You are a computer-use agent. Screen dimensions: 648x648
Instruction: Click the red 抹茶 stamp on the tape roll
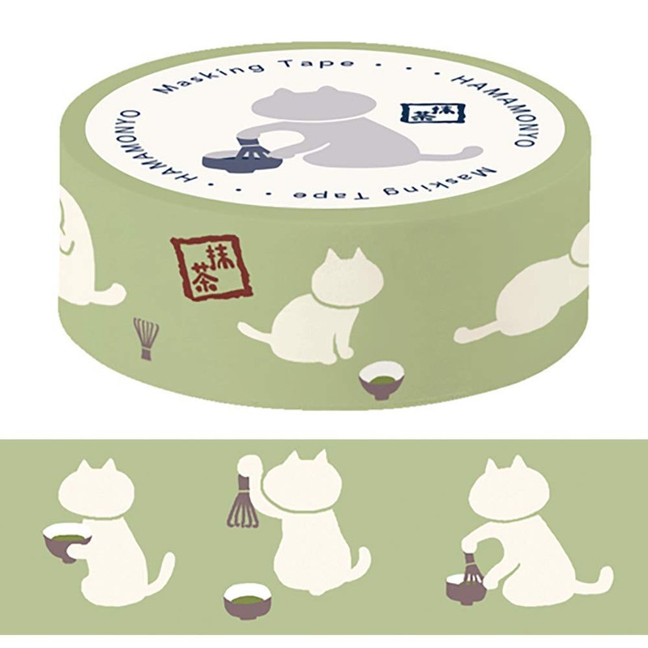coord(211,267)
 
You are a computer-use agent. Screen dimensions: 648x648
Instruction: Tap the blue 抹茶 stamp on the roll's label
coord(433,113)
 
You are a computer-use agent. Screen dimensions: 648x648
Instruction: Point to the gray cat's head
coord(313,104)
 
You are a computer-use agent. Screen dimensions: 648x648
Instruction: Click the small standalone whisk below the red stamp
coord(146,339)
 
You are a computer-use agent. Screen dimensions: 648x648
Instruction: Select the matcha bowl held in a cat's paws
coord(67,540)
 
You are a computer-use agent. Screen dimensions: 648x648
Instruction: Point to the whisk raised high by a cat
coord(244,501)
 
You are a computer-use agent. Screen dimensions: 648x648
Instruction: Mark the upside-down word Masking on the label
coord(439,182)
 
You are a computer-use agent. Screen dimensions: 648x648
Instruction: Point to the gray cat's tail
coord(454,155)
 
